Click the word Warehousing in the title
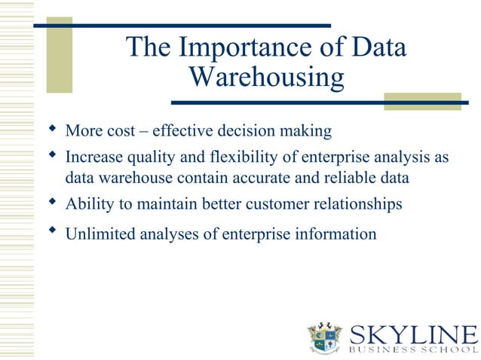point(266,76)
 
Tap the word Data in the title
point(376,47)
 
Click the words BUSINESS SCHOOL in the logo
point(413,349)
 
